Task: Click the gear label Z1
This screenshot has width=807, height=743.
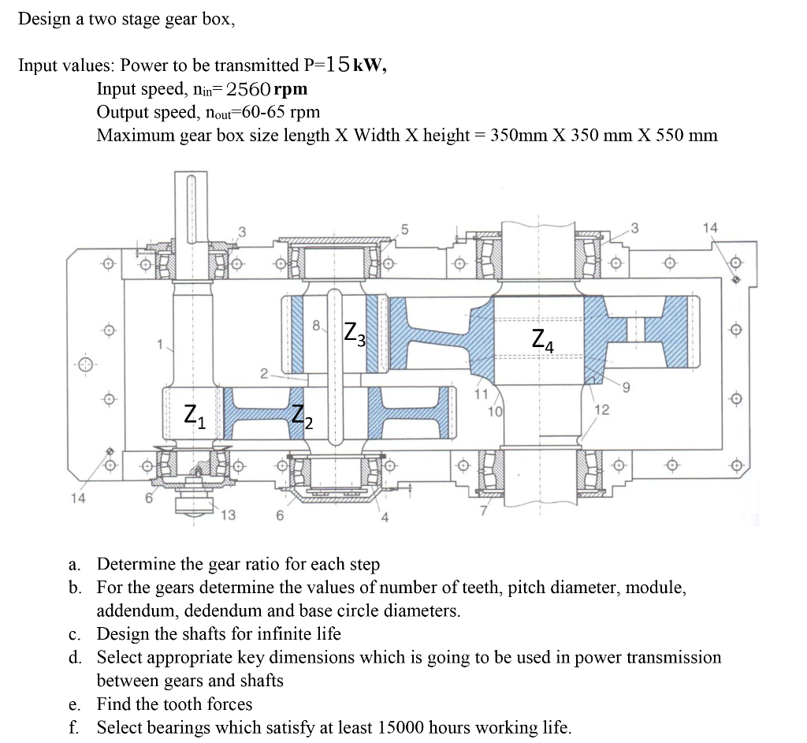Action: tap(195, 414)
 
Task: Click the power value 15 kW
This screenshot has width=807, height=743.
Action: tap(355, 65)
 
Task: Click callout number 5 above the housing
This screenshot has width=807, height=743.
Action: tap(404, 230)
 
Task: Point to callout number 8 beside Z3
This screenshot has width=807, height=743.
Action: tap(316, 323)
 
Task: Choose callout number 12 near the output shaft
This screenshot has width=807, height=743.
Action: tap(602, 409)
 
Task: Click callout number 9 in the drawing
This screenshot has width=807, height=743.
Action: tap(626, 386)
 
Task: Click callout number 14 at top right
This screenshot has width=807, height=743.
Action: tap(710, 227)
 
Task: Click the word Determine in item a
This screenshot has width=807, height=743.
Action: tap(136, 564)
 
